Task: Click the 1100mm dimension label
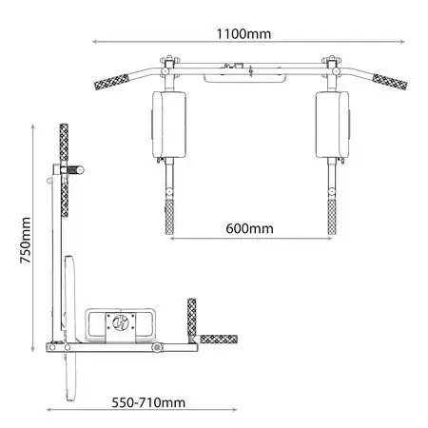coord(243,34)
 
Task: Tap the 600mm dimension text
coord(249,228)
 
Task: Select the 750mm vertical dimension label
coord(26,240)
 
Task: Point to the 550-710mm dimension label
coord(148,402)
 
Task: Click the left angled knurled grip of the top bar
coord(111,82)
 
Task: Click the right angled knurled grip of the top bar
coord(390,82)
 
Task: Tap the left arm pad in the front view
coord(168,125)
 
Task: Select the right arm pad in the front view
coord(333,125)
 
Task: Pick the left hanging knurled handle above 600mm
coord(169,217)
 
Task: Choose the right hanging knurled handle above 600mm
coord(332,217)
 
